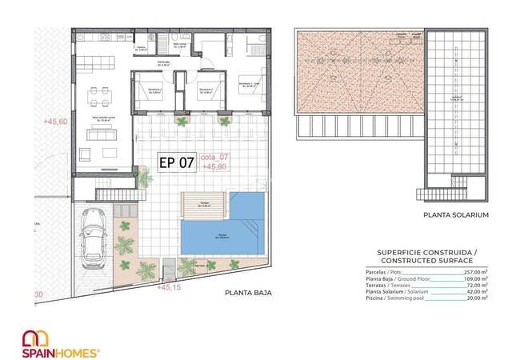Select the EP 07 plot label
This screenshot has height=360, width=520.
[x=177, y=162]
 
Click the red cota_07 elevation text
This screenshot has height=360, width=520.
[x=216, y=158]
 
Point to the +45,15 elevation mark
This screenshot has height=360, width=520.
[x=170, y=286]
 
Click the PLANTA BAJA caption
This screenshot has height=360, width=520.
[x=248, y=294]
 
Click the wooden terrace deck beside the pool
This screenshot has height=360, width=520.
[x=204, y=203]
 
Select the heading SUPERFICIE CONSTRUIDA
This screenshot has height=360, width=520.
[x=426, y=253]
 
